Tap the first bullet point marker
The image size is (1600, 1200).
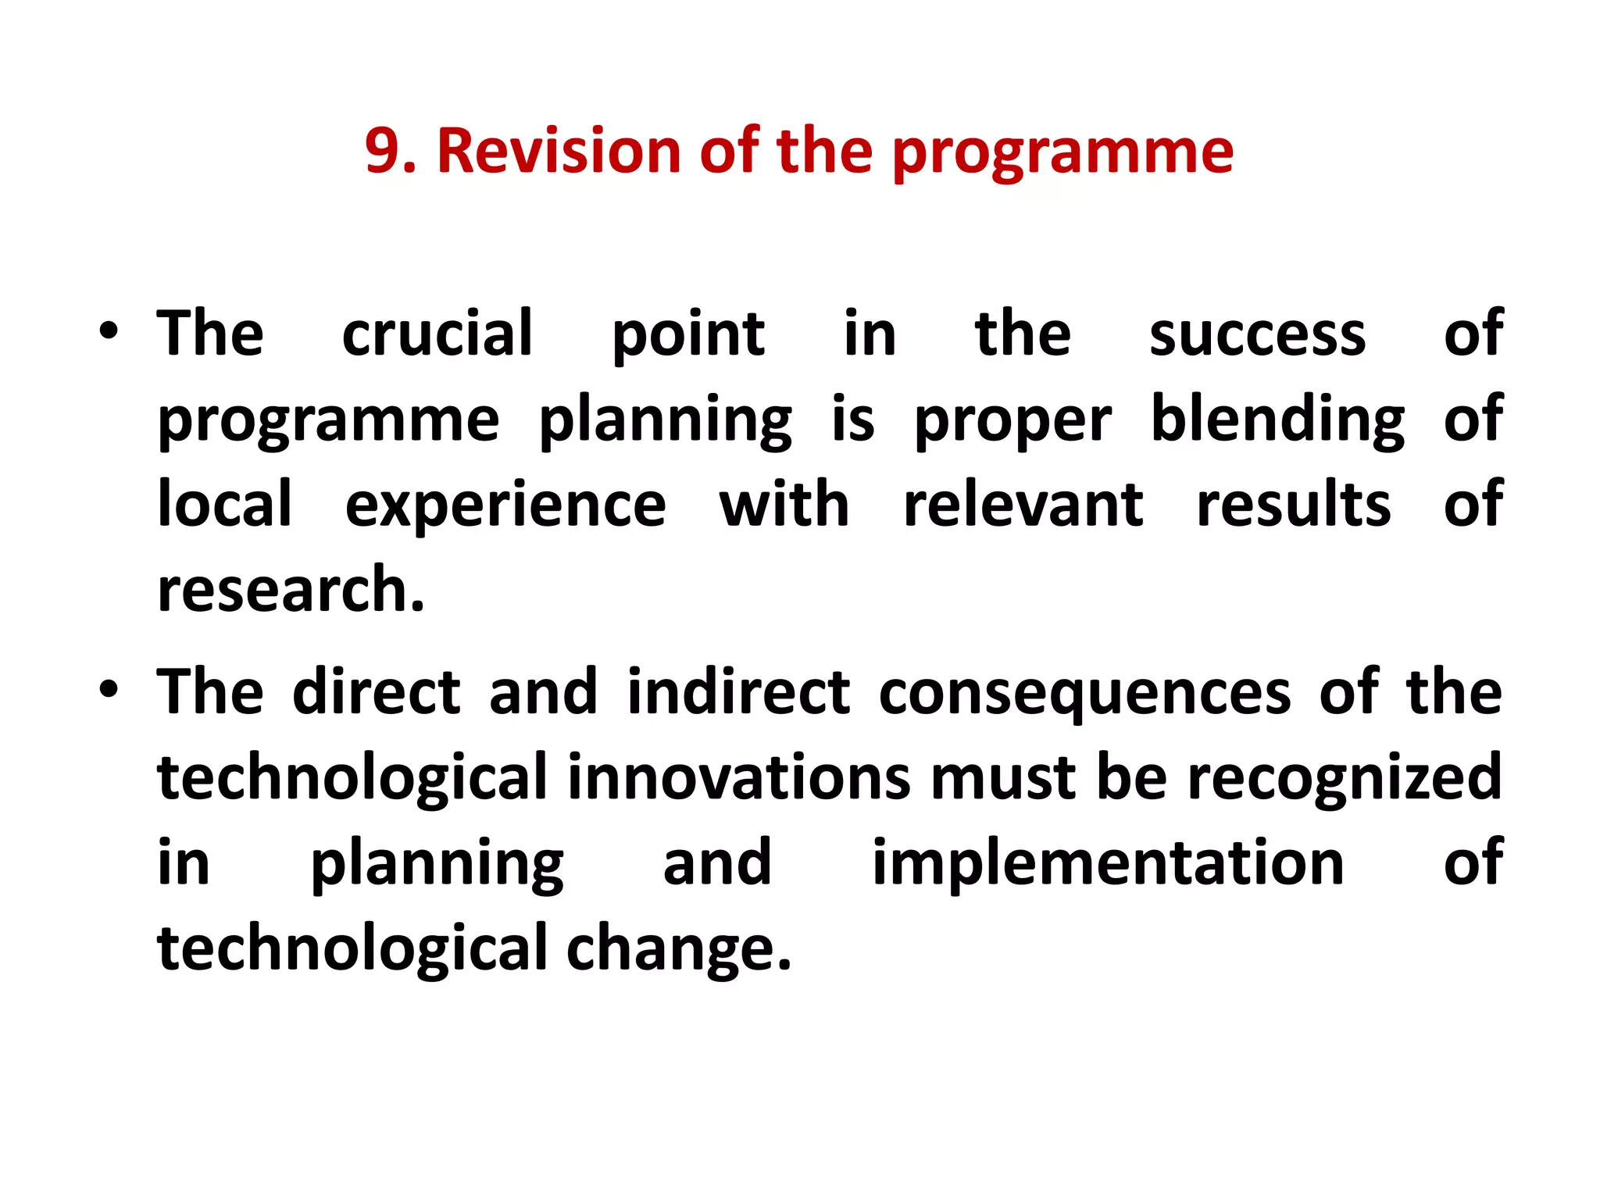pos(109,331)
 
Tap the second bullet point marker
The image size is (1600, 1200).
pos(109,690)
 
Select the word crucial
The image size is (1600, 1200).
pos(437,334)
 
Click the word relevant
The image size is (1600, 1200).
pos(1023,505)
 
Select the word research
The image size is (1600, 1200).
pos(291,591)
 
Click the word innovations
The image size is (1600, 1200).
pos(739,778)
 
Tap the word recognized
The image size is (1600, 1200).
pos(1345,780)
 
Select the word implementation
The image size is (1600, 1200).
pos(1108,863)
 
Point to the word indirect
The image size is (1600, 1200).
pos(738,692)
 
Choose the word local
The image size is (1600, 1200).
pos(225,505)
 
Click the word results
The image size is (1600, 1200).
pos(1294,505)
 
